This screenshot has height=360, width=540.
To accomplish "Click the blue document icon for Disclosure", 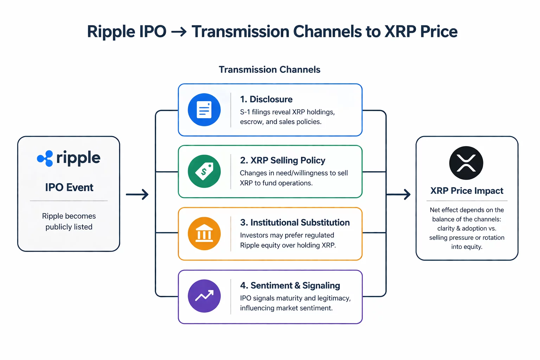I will (x=204, y=110).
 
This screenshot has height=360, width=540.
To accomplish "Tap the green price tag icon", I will (x=204, y=172).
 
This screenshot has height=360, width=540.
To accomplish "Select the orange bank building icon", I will (x=204, y=234).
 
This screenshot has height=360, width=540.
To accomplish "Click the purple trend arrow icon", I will (x=204, y=296).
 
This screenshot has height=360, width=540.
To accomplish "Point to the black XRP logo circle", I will (x=466, y=163).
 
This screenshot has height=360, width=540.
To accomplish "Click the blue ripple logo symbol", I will (x=45, y=159).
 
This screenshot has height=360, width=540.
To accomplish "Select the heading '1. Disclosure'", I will (x=266, y=99).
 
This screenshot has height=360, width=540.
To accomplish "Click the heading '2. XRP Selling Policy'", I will (x=282, y=161).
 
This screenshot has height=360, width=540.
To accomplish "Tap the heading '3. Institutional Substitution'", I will (x=295, y=223).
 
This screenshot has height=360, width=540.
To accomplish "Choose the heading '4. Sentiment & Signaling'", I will (x=290, y=285).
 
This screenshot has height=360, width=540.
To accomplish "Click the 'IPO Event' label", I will (x=69, y=187).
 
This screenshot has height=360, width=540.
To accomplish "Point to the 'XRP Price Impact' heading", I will (x=467, y=191).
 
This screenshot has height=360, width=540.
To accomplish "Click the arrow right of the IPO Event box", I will (x=137, y=194).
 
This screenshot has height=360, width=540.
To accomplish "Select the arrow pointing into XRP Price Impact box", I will (x=399, y=194).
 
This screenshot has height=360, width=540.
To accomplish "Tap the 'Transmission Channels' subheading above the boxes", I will (x=269, y=70).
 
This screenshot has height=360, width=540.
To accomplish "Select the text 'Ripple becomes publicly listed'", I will (x=69, y=221).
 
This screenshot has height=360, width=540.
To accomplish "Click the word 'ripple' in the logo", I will (x=78, y=158).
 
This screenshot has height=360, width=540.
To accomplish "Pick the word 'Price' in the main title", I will (x=439, y=32).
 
